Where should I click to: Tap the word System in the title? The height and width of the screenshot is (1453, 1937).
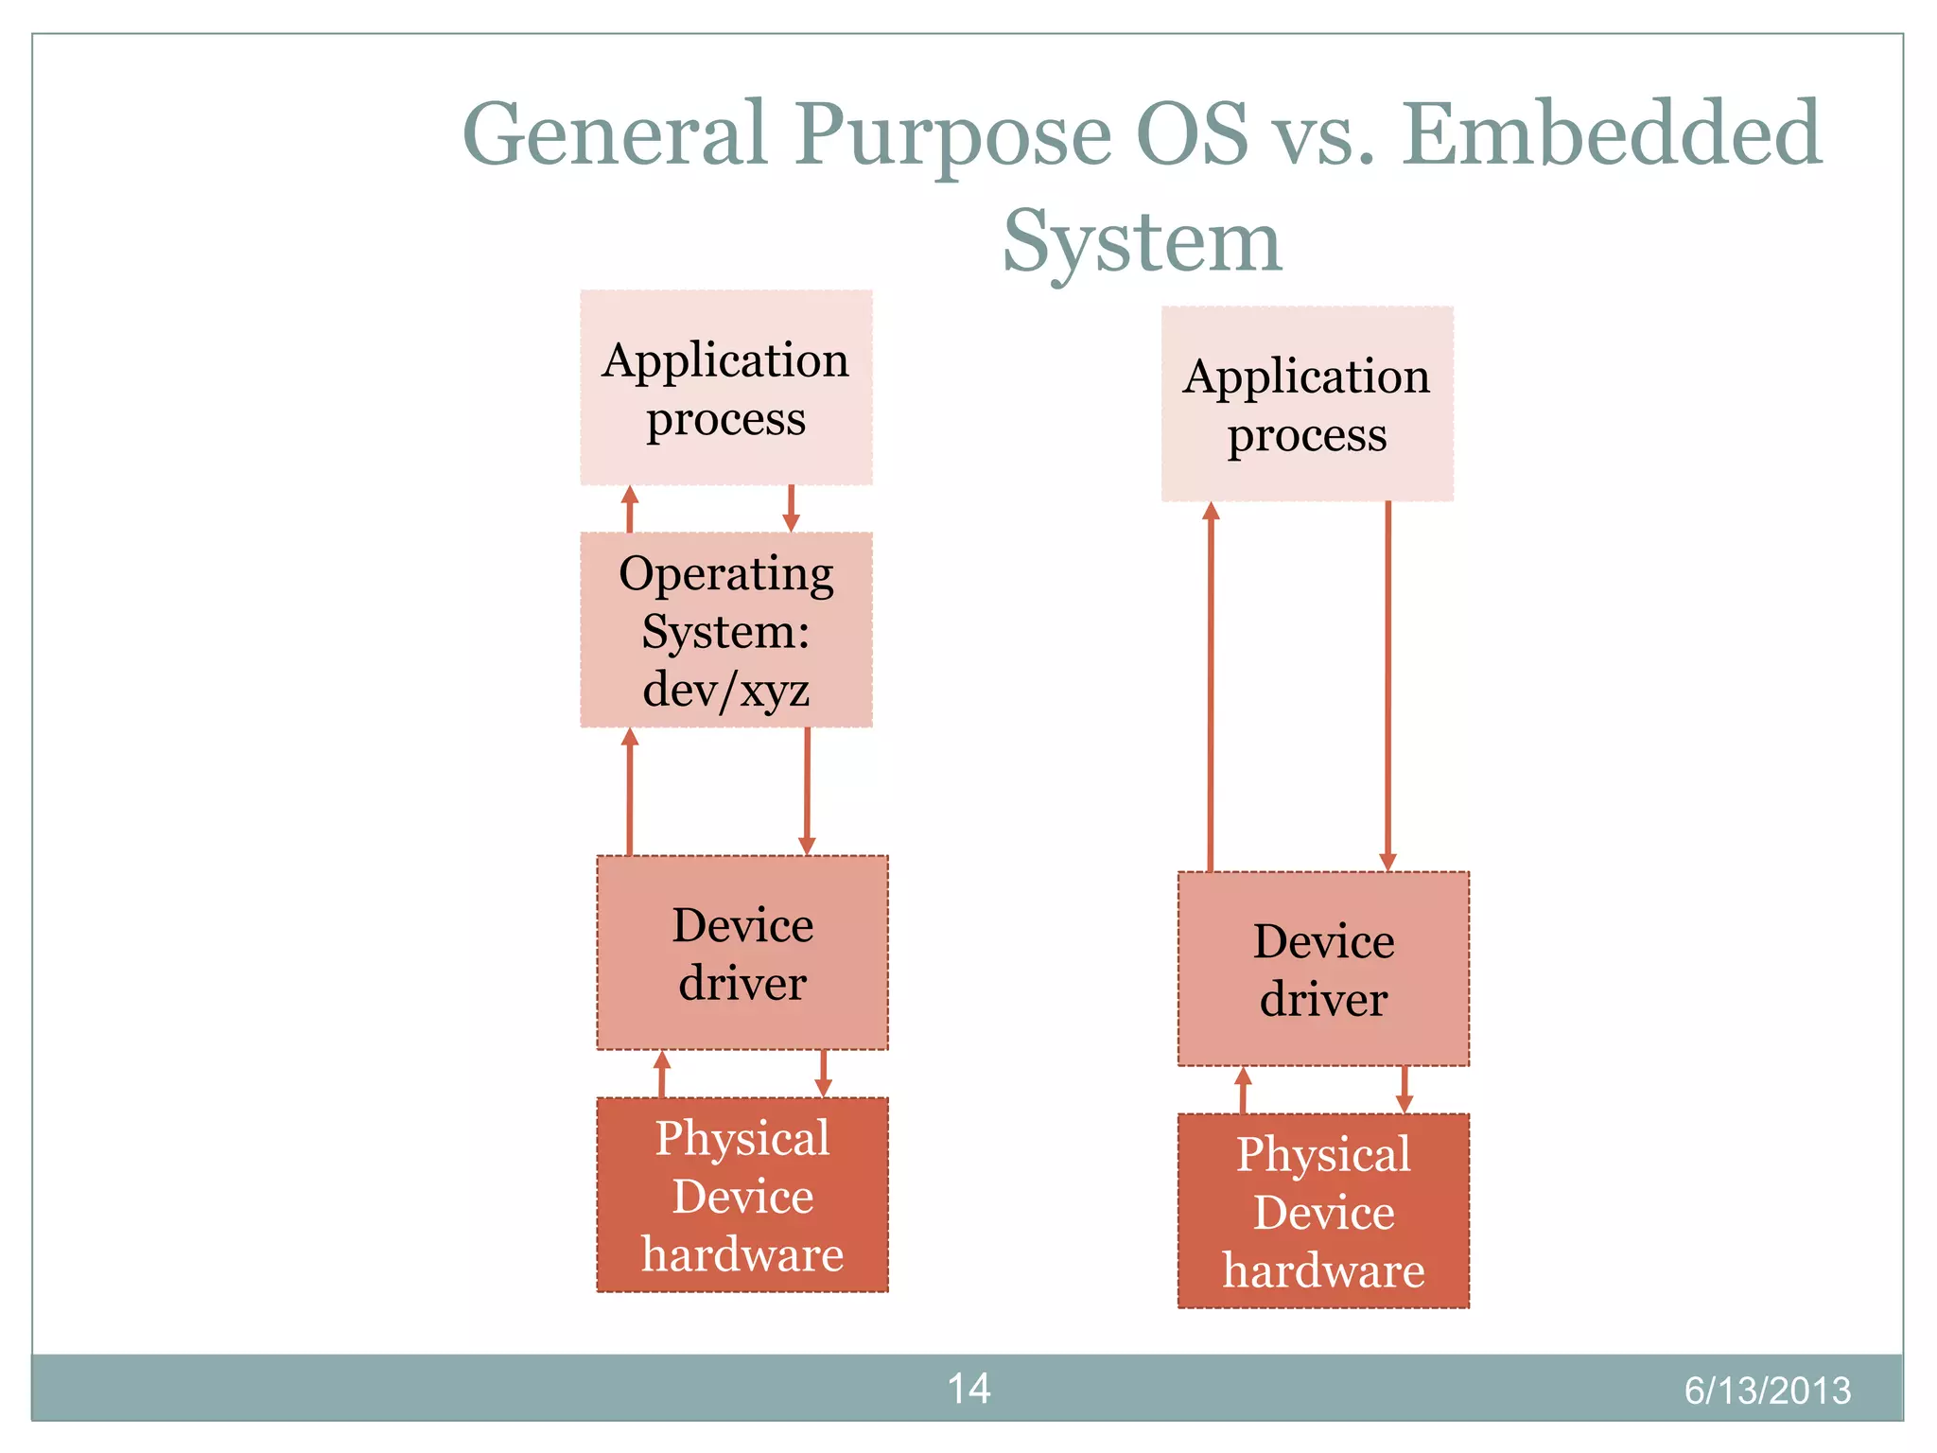click(1142, 241)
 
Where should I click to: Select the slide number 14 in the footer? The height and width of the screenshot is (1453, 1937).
click(968, 1389)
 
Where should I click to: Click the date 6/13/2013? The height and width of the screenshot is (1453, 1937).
click(1767, 1391)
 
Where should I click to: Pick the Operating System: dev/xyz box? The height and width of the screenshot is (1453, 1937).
click(725, 629)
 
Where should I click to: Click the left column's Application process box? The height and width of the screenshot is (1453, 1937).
click(725, 388)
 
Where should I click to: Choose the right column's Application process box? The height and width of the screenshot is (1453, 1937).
click(1306, 404)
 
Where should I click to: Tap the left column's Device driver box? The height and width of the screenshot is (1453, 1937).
click(742, 953)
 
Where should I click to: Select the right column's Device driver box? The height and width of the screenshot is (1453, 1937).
click(1323, 969)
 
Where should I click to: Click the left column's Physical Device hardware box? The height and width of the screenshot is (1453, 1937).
click(742, 1195)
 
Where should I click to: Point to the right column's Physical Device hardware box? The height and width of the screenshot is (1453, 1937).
click(1323, 1211)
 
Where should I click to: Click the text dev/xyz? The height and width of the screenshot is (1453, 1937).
click(725, 689)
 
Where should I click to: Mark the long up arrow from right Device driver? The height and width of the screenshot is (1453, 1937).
click(1211, 686)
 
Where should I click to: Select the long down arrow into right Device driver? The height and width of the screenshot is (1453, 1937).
click(1387, 686)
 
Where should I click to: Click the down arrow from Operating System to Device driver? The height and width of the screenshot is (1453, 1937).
click(807, 791)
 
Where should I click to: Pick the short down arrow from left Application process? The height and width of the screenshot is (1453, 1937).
click(792, 509)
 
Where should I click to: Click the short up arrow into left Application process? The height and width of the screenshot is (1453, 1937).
click(630, 509)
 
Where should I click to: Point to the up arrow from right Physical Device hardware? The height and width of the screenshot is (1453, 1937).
click(1243, 1090)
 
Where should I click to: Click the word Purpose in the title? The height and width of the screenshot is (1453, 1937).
click(952, 134)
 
